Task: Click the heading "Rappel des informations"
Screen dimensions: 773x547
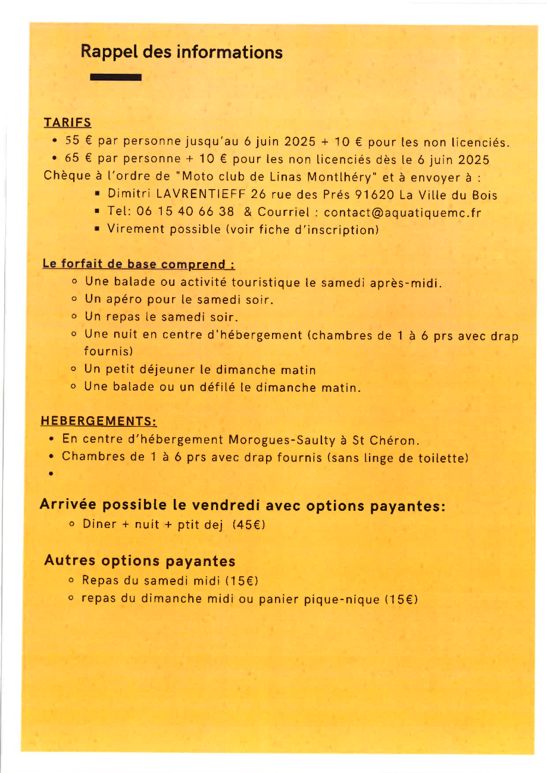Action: tap(182, 52)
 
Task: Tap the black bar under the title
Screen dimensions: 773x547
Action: tap(115, 77)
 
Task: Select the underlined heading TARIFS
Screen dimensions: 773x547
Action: tap(67, 123)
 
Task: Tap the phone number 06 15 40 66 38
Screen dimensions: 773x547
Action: tap(185, 212)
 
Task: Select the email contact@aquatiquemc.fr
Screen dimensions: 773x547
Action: tap(402, 212)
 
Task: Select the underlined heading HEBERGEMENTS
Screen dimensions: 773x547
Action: tap(98, 422)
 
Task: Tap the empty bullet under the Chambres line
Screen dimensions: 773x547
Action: tap(52, 475)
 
